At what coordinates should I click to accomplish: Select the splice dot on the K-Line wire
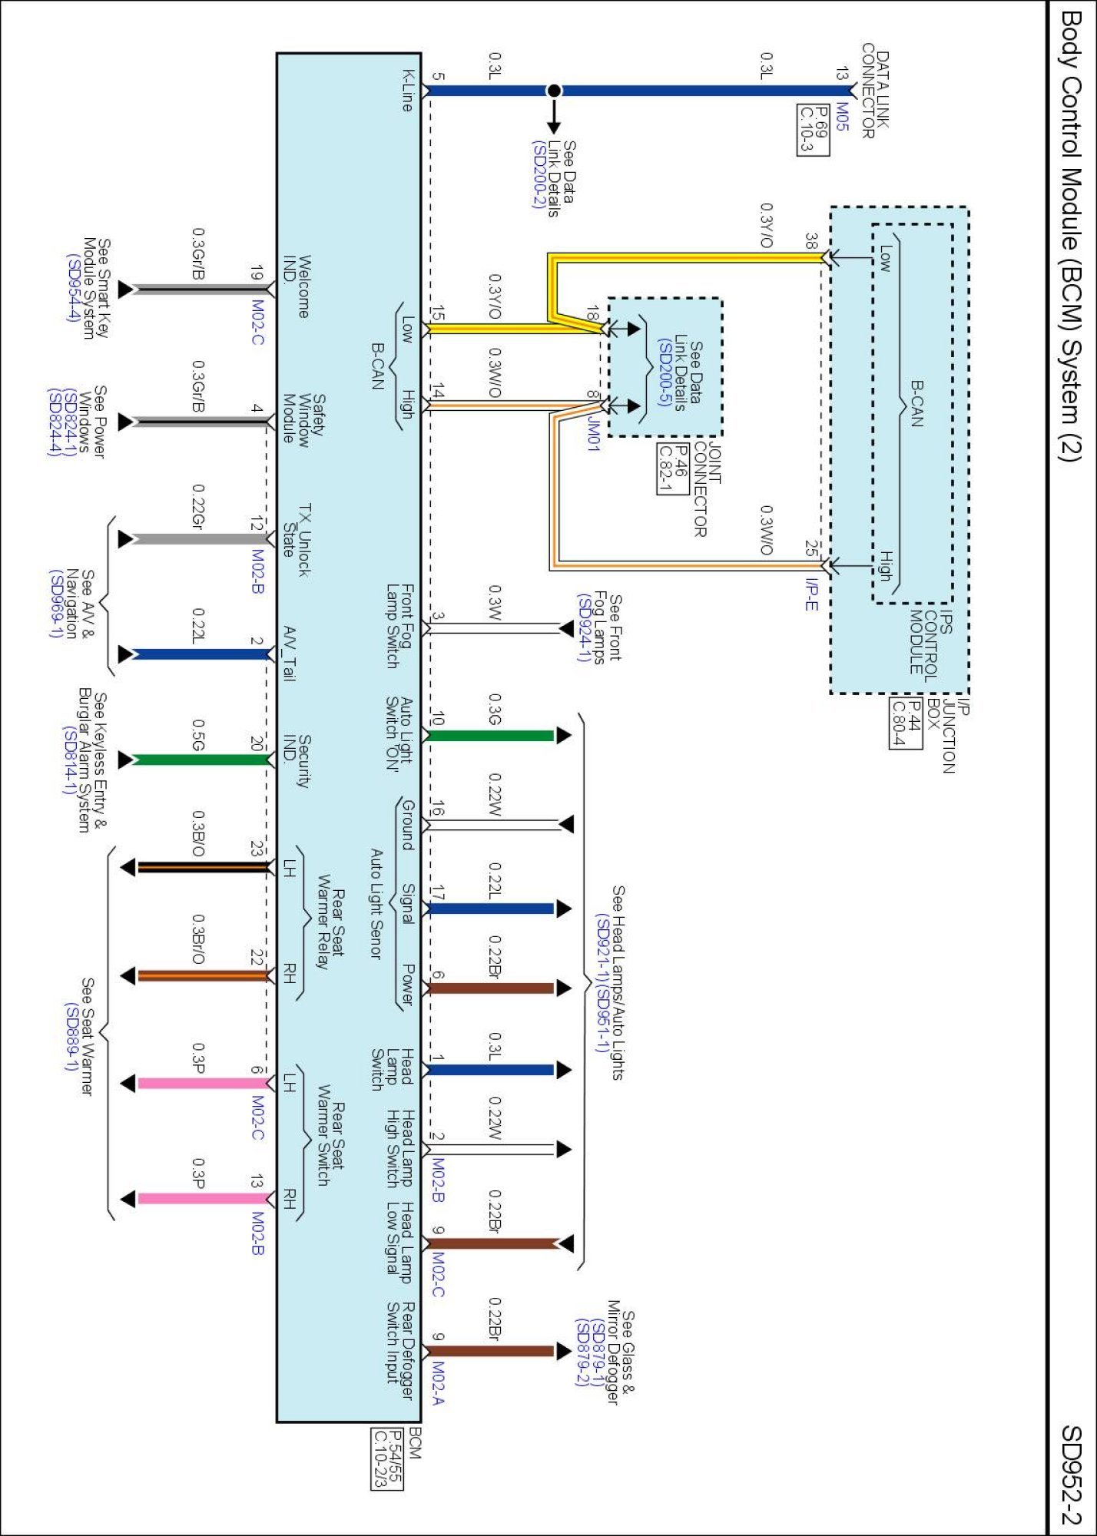coord(553,91)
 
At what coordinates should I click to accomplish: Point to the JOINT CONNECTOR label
coord(708,488)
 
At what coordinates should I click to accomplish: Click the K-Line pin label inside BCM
coord(408,90)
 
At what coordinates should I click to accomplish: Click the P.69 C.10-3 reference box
coord(813,130)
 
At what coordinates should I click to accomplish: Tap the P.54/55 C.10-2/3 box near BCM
coord(387,1458)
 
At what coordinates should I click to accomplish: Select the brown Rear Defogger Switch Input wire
coord(492,1350)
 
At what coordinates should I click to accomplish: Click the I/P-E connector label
coord(812,594)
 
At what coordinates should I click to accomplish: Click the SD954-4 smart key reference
coord(73,288)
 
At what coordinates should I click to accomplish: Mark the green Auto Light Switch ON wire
coord(492,735)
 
